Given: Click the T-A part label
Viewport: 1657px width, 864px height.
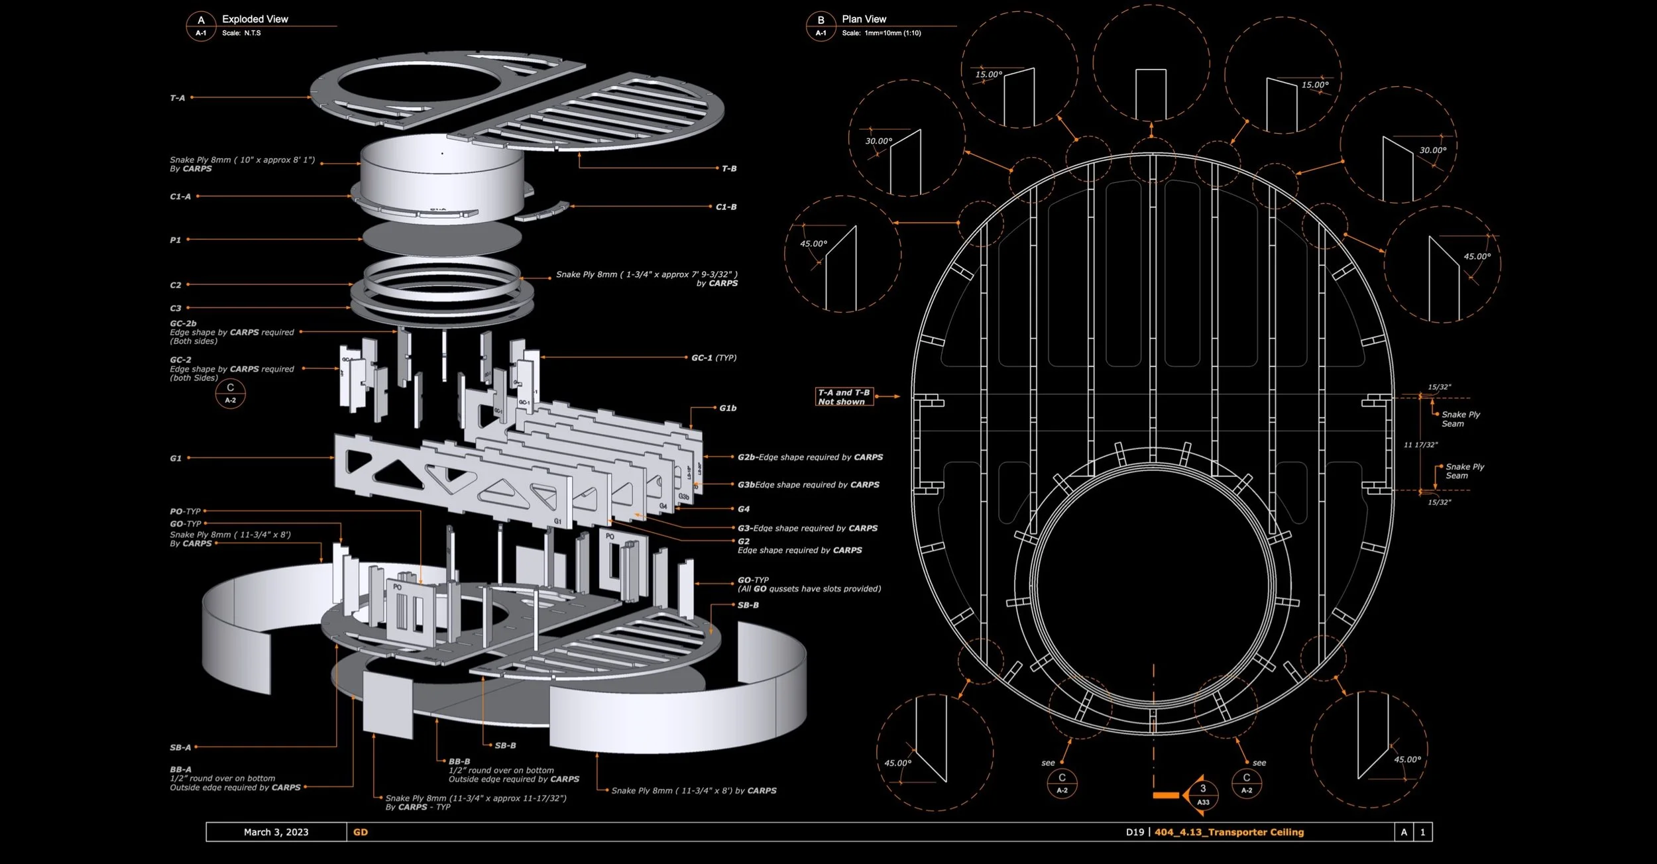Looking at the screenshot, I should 178,98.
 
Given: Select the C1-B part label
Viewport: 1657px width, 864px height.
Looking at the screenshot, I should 726,207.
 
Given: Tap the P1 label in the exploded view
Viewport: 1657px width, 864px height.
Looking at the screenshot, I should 175,240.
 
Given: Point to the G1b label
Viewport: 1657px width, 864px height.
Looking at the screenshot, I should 728,408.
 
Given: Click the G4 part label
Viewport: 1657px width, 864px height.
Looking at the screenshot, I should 744,509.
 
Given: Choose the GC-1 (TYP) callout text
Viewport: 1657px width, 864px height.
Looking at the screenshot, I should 714,358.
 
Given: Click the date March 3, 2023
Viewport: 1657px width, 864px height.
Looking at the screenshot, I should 276,832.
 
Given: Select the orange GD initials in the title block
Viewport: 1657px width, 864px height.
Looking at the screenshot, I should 361,832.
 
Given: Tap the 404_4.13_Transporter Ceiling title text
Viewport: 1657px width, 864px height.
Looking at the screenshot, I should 1229,832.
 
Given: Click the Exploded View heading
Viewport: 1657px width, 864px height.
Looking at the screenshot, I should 255,19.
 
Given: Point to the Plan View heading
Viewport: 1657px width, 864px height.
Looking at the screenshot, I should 864,19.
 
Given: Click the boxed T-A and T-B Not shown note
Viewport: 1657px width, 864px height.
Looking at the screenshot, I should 844,397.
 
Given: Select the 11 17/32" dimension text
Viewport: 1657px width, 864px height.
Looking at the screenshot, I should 1420,445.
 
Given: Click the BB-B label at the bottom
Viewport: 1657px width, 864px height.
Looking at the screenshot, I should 459,761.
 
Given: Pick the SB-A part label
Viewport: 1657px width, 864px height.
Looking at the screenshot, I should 180,747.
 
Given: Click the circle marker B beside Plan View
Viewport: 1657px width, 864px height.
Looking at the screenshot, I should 821,25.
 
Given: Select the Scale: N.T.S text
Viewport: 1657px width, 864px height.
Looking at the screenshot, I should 241,33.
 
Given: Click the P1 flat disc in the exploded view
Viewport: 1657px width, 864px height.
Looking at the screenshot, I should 442,239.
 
